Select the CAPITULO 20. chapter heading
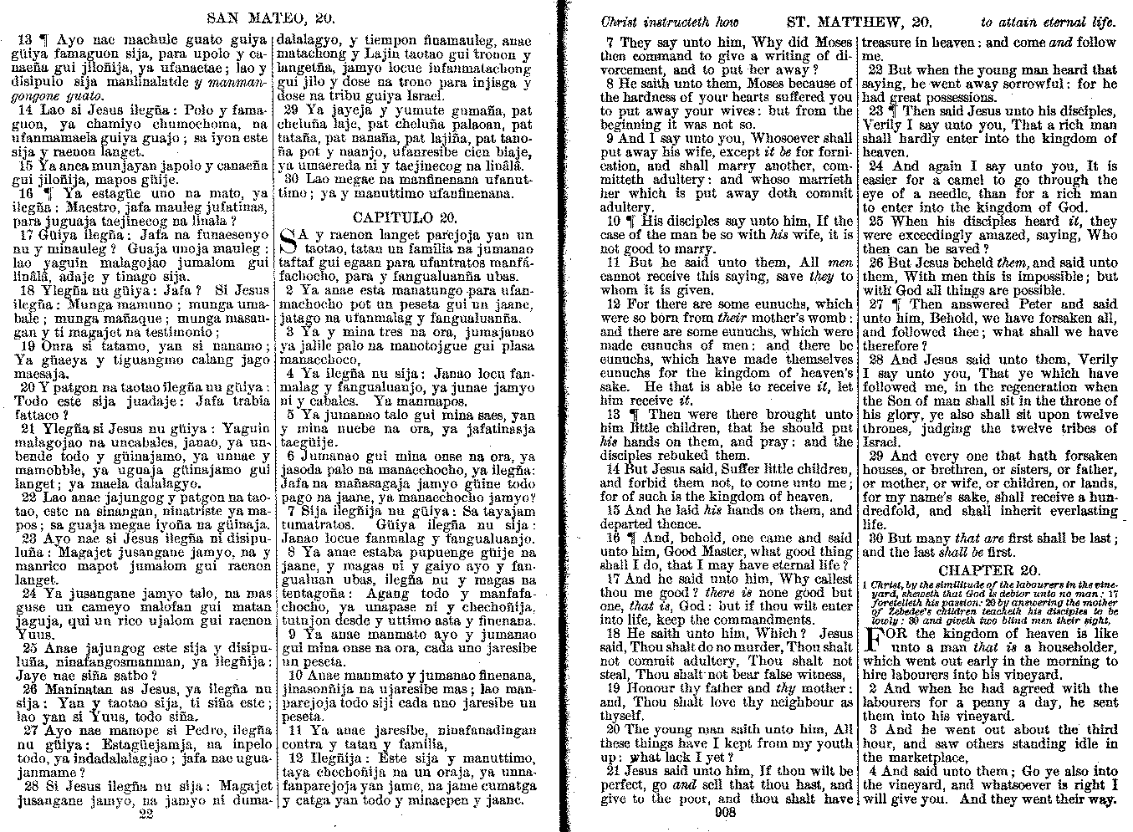point(405,217)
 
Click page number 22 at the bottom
point(147,813)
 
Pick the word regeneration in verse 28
point(1016,387)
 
